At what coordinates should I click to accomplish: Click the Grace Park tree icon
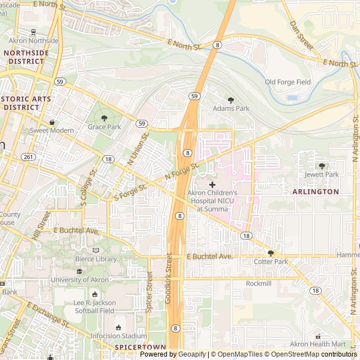pos(104,118)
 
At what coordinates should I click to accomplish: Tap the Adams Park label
pos(231,108)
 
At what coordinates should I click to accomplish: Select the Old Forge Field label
pos(287,82)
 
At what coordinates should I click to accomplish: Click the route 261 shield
pos(27,157)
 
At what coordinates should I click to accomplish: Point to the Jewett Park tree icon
pos(322,166)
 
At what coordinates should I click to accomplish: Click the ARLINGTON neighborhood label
pos(316,191)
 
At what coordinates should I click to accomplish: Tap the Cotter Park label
pos(271,262)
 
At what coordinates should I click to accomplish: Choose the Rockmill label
pos(259,283)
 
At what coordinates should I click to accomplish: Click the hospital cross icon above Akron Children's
pos(212,184)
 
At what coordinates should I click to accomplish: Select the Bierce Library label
pos(96,259)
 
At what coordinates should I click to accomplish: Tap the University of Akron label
pos(79,280)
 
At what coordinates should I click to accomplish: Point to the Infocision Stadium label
pos(119,336)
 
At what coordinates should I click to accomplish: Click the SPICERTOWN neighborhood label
pos(133,348)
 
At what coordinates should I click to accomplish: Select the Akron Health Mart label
pos(318,344)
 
